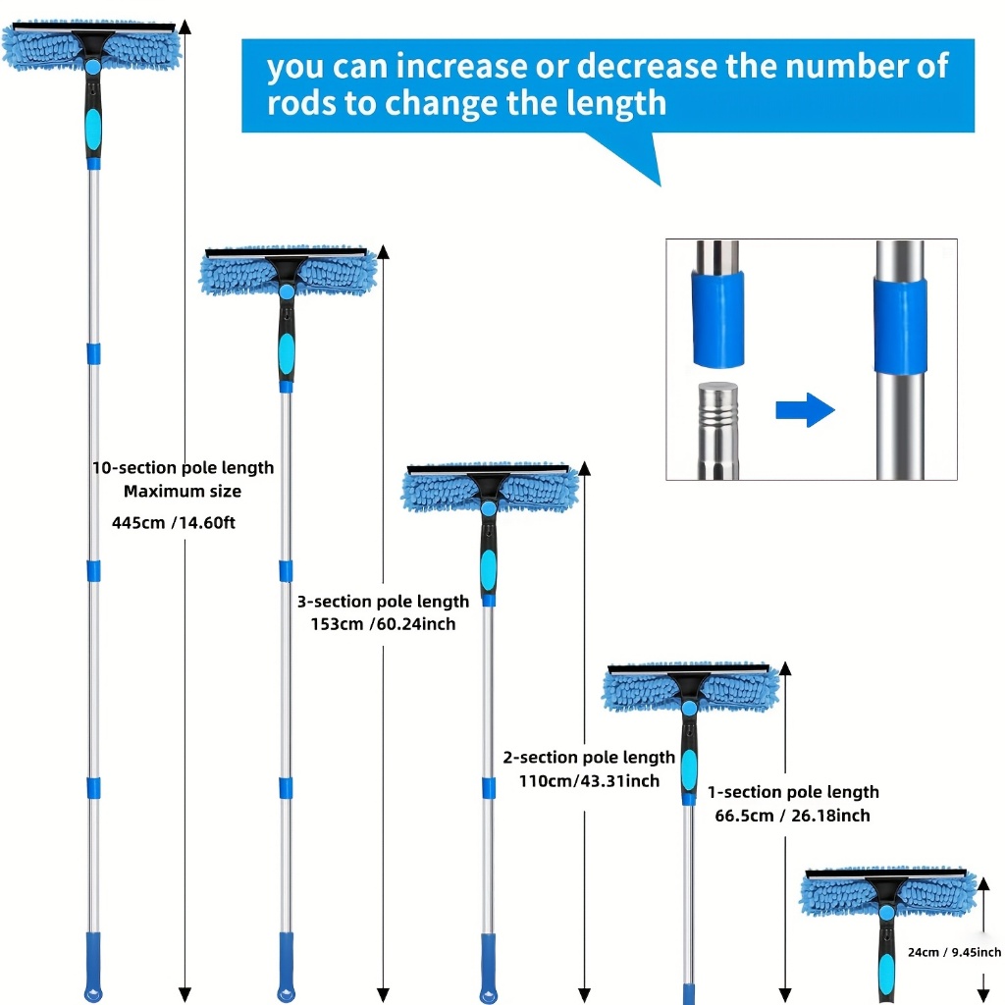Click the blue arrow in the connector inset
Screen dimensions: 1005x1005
[x=805, y=409]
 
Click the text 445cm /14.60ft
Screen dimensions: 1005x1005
[x=174, y=523]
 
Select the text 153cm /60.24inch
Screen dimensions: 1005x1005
[x=376, y=623]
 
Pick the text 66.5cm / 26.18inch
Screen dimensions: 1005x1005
[x=791, y=815]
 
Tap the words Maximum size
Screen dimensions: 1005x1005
[x=183, y=491]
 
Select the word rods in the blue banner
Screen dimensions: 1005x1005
[x=299, y=103]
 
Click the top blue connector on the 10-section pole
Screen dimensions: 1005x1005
[x=93, y=352]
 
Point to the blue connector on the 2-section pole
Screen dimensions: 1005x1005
[x=488, y=787]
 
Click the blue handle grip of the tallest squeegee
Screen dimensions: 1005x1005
[x=93, y=126]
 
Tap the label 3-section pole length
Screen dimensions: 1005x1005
[x=383, y=601]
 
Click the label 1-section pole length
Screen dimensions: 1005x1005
[x=793, y=792]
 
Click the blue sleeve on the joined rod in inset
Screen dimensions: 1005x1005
[x=901, y=325]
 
